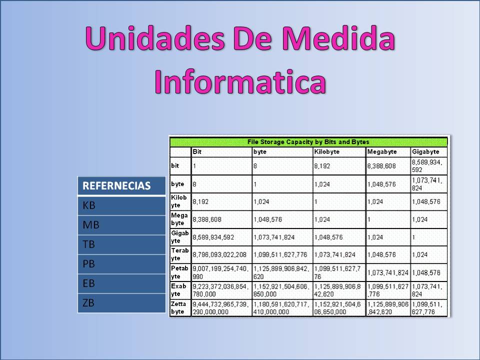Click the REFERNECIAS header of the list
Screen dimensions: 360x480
pos(116,186)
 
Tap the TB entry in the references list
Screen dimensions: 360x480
pos(89,244)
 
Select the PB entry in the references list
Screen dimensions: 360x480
pos(89,264)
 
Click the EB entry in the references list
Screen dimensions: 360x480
pos(89,283)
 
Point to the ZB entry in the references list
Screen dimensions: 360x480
pos(89,303)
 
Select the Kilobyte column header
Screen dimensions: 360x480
pos(327,151)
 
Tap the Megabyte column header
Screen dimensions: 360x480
pos(382,151)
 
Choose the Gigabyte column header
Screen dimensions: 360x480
pos(425,151)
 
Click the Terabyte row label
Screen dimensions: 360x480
pos(180,254)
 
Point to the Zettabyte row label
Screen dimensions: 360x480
pos(180,308)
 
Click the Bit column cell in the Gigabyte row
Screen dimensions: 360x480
pos(213,236)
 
